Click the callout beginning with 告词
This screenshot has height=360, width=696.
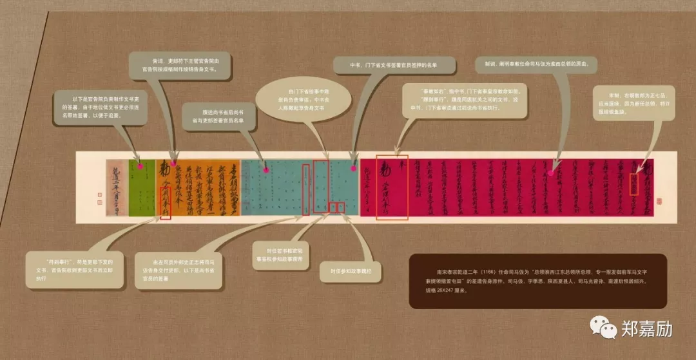[x=180, y=65]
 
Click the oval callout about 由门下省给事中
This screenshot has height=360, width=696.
[x=304, y=100]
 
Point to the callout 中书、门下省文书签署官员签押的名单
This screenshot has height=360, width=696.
[x=394, y=65]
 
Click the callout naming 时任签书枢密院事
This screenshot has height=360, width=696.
[x=282, y=254]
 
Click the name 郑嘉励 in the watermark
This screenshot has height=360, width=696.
[x=646, y=330]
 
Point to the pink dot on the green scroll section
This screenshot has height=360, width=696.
[x=140, y=166]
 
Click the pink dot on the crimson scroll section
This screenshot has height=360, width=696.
[x=552, y=172]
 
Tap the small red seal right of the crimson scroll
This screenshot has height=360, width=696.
[x=659, y=201]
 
